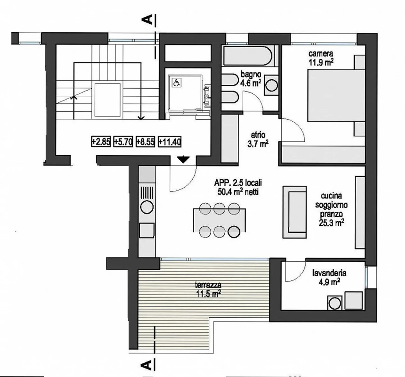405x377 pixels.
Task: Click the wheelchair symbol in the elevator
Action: pyautogui.click(x=177, y=82)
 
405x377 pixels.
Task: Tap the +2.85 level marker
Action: pyautogui.click(x=101, y=142)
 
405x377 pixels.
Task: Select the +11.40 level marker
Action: pyautogui.click(x=170, y=142)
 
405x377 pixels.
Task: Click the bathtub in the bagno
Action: pyautogui.click(x=248, y=56)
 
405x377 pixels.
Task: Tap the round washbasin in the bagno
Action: pyautogui.click(x=272, y=86)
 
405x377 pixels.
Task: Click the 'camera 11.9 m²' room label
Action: pyautogui.click(x=321, y=58)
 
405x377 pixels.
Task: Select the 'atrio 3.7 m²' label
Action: pyautogui.click(x=258, y=139)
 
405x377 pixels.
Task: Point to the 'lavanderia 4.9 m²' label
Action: pyautogui.click(x=329, y=277)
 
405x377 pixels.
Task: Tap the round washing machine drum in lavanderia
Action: pyautogui.click(x=335, y=303)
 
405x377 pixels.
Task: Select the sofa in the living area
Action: pyautogui.click(x=294, y=212)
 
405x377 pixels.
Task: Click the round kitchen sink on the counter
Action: pyautogui.click(x=147, y=207)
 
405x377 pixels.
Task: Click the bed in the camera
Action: pyautogui.click(x=336, y=96)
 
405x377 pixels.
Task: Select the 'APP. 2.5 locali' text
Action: pyautogui.click(x=238, y=183)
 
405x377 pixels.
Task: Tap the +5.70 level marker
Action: pyautogui.click(x=123, y=142)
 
